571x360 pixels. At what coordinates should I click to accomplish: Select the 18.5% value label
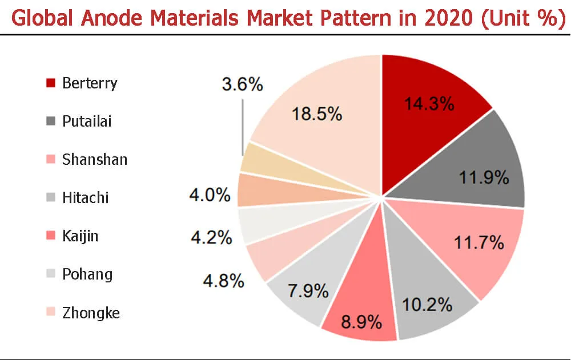[x=317, y=114]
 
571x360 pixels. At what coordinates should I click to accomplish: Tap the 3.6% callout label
[x=243, y=86]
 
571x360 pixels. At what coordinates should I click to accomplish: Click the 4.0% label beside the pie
[x=210, y=196]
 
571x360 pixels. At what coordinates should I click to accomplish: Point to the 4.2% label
[x=211, y=237]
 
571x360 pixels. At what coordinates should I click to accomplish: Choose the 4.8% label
[x=223, y=281]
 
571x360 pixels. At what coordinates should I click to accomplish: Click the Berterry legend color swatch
[x=51, y=83]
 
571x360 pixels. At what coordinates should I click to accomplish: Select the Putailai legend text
[x=87, y=122]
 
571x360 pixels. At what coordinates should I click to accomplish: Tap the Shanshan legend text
[x=95, y=160]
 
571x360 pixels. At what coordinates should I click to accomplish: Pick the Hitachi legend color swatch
[x=51, y=198]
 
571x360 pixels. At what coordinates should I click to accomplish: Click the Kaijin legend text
[x=80, y=236]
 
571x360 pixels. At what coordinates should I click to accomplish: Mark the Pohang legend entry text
[x=87, y=274]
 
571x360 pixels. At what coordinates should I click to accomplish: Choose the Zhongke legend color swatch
[x=51, y=313]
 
